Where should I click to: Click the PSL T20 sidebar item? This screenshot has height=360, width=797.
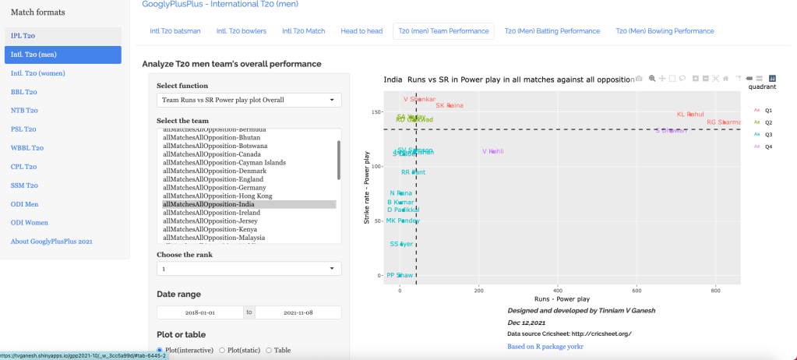(x=23, y=129)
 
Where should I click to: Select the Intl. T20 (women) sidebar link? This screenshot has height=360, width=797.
(x=38, y=73)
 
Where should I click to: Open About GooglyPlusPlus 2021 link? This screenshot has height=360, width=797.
(x=51, y=242)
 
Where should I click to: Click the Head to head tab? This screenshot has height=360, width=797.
(x=361, y=31)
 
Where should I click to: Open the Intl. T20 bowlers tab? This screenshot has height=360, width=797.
(x=242, y=31)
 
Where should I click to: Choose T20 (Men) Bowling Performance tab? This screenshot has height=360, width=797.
(x=665, y=31)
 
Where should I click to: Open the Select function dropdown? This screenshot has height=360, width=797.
(x=249, y=101)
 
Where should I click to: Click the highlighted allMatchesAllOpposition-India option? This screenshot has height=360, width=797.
(x=203, y=204)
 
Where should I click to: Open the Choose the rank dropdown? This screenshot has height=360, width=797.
(x=249, y=269)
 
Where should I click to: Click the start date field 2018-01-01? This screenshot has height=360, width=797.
(x=200, y=312)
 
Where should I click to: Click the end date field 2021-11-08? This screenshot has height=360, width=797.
(x=298, y=312)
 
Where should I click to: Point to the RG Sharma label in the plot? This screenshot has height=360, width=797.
(x=723, y=122)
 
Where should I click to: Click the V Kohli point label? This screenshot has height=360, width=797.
(x=492, y=151)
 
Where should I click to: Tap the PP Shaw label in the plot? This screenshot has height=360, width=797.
(x=400, y=275)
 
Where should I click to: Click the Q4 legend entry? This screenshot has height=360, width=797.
(x=768, y=146)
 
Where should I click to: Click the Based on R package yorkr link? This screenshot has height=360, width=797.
(x=545, y=347)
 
